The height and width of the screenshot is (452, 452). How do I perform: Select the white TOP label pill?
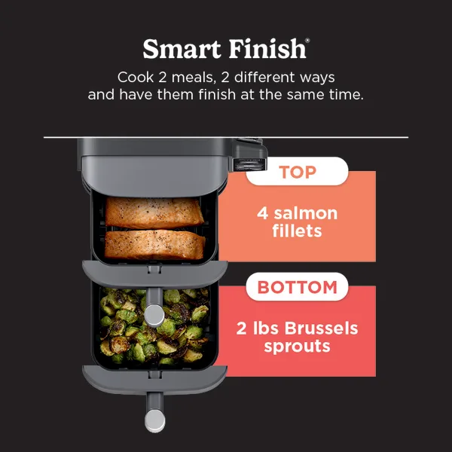click(x=297, y=172)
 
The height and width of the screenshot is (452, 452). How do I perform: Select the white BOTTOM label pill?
click(x=297, y=287)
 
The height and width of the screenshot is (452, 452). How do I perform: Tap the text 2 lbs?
click(x=254, y=328)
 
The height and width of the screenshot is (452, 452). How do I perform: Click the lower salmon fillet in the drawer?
click(x=154, y=243)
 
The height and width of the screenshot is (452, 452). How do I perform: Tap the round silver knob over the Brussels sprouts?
click(x=154, y=313)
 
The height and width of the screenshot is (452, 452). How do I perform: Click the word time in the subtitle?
click(x=343, y=96)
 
